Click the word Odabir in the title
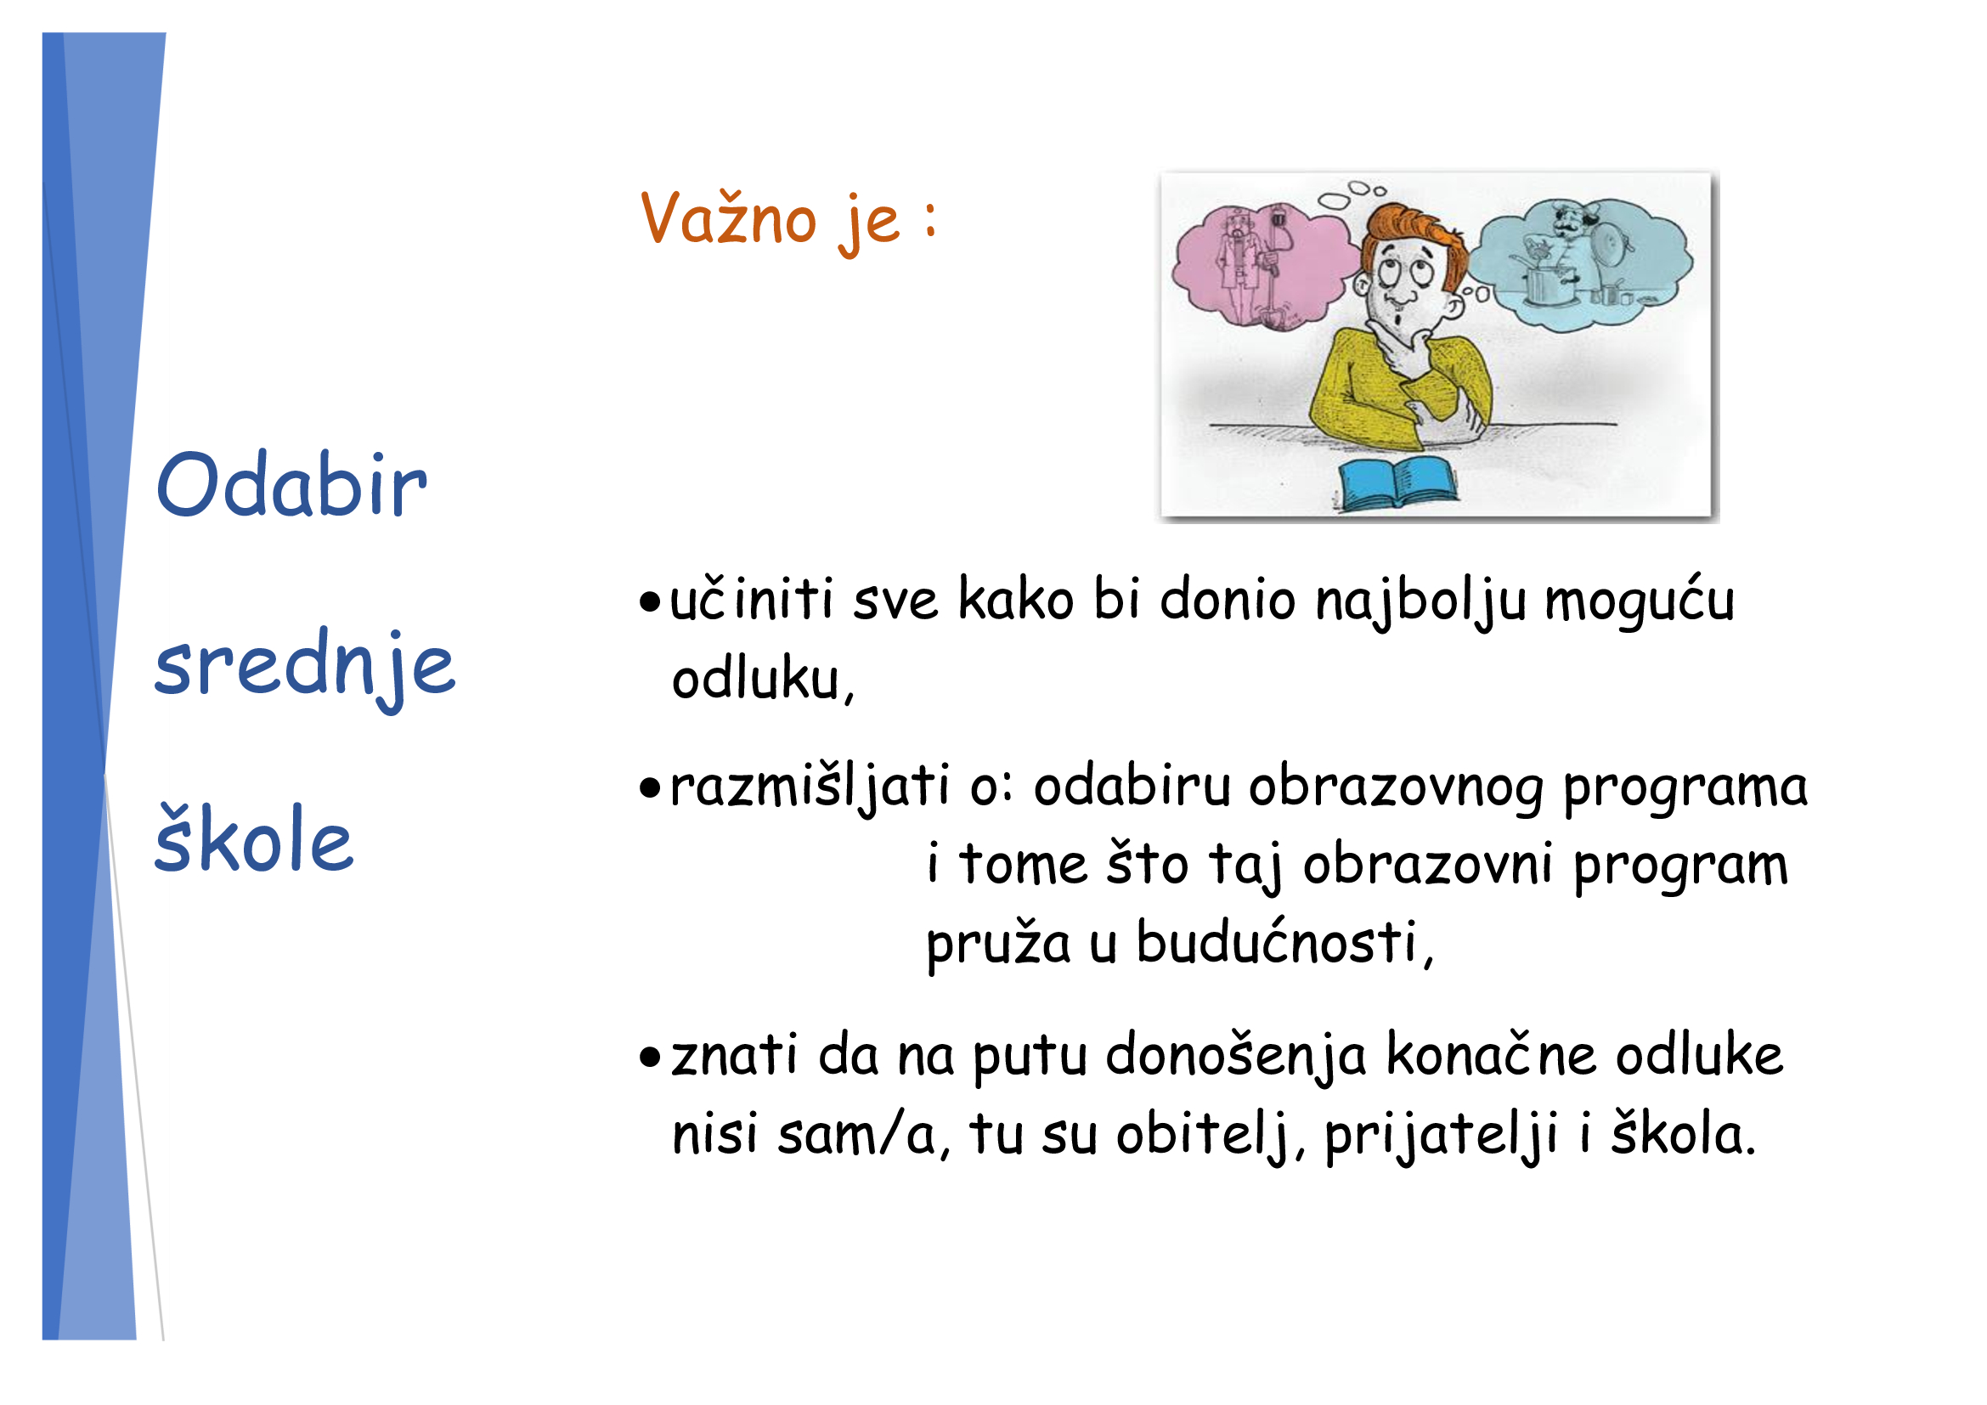291,485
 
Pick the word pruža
998,945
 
